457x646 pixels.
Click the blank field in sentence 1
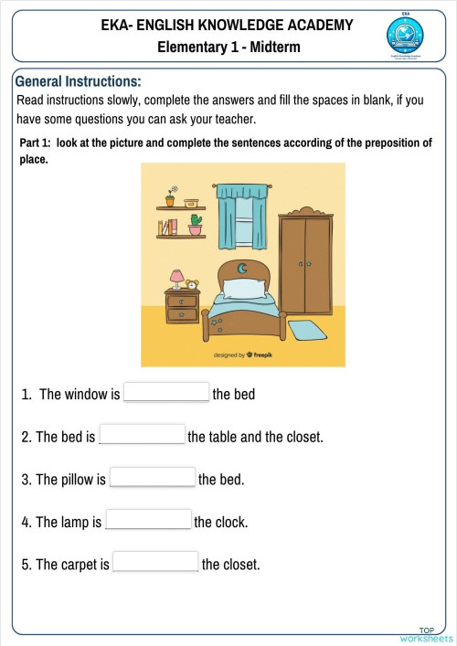click(166, 393)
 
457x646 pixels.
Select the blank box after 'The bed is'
click(142, 436)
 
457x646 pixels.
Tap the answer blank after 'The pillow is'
click(152, 478)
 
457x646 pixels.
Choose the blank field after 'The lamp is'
click(148, 521)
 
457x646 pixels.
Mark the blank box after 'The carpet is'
click(155, 563)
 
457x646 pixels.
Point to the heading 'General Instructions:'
click(79, 81)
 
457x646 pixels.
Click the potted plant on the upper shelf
click(170, 197)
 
